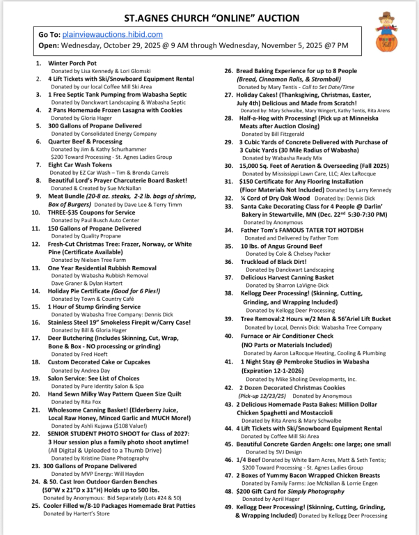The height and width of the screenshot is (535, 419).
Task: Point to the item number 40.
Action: (229, 335)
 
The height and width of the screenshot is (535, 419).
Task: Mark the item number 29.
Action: (229, 142)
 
